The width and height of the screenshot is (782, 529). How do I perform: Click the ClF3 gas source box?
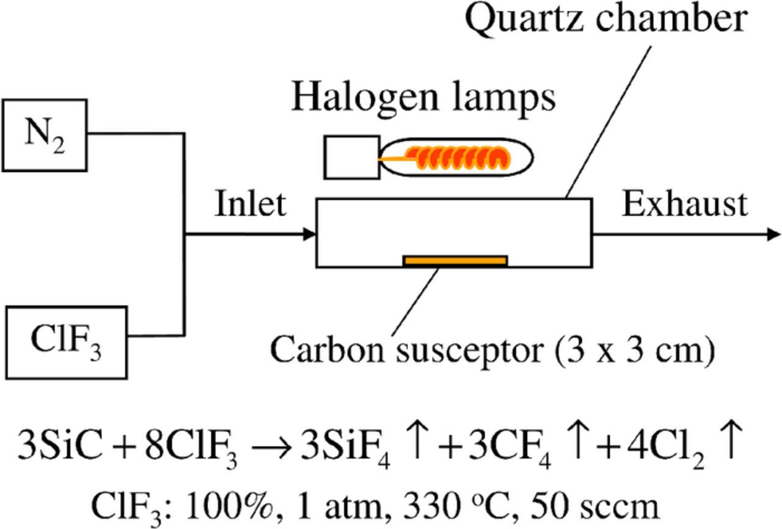pos(67,341)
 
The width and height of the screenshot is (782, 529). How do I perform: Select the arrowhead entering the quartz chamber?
pos(309,234)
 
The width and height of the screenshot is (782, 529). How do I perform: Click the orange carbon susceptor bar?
pos(455,261)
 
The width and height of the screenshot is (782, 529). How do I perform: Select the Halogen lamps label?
pos(423,98)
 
